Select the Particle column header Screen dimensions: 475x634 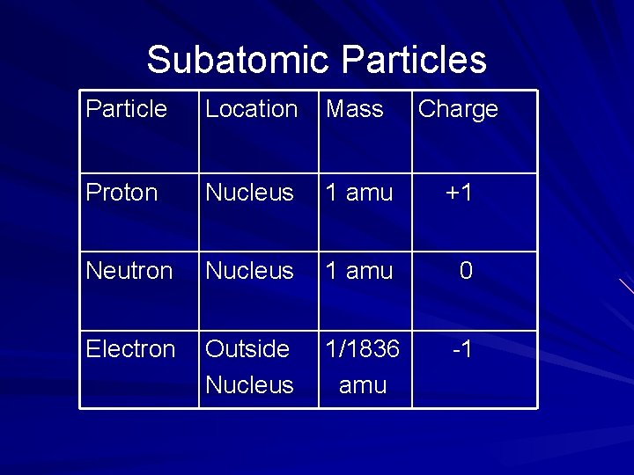[126, 109]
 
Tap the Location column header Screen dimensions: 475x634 [251, 109]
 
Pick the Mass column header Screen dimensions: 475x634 [354, 109]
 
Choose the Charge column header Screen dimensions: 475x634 [458, 109]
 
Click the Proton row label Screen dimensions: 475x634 [122, 192]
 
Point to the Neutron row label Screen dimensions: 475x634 [129, 270]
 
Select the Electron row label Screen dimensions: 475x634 [130, 348]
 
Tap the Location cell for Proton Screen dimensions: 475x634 [249, 192]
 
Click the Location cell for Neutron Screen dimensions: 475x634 [249, 270]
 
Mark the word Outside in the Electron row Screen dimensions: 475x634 [247, 348]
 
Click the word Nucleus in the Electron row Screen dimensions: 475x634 [249, 384]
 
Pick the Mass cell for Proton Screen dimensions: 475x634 [359, 192]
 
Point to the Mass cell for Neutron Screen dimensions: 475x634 [359, 270]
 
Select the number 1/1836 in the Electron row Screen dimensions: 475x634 [362, 348]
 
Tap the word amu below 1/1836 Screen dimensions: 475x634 [362, 384]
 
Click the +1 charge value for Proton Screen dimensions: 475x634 [459, 192]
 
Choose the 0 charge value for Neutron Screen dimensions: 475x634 [466, 270]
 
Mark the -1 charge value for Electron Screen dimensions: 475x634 [462, 348]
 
